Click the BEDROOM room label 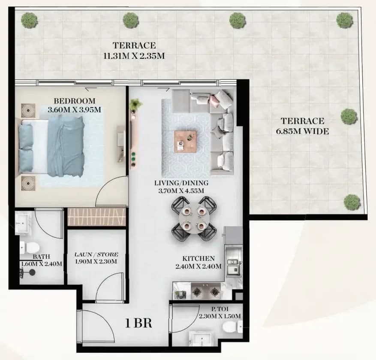(74, 101)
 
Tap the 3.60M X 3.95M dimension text (74, 110)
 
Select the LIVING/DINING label (181, 183)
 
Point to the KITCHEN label (199, 258)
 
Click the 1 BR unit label (138, 323)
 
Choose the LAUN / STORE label (96, 254)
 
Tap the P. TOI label (220, 309)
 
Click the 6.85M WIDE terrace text (302, 131)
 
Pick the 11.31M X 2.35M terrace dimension (134, 56)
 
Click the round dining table (194, 219)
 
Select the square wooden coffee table (185, 141)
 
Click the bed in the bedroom (51, 146)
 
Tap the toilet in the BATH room (30, 247)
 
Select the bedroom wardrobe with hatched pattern (96, 217)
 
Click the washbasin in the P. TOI (201, 339)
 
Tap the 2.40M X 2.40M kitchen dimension (199, 266)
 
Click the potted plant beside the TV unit (135, 104)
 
